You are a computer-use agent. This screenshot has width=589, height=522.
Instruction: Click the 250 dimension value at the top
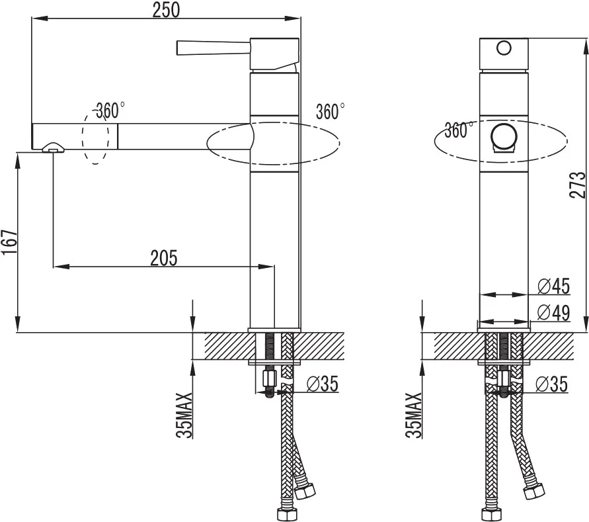[166, 10]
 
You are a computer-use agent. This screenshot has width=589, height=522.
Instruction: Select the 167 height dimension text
[9, 241]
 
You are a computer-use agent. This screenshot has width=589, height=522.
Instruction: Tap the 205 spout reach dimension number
[164, 258]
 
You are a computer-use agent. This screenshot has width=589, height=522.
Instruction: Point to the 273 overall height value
[578, 185]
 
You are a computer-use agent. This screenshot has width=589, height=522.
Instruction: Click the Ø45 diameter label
[553, 286]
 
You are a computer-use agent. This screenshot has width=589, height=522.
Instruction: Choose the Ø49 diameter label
[553, 312]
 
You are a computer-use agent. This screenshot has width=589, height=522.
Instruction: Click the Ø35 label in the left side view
[323, 384]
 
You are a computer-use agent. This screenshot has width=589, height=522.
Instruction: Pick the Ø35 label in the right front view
[552, 384]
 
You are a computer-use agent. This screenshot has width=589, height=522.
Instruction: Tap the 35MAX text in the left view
[184, 415]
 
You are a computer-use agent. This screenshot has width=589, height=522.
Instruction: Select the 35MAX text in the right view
[414, 415]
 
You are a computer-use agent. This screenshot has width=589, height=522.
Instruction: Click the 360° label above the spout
[110, 110]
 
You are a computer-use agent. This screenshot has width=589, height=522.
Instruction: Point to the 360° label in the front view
[459, 130]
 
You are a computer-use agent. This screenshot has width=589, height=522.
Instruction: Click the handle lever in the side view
[214, 48]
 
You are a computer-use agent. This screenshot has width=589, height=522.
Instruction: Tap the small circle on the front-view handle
[504, 48]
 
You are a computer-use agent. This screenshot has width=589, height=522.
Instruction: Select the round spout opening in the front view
[504, 136]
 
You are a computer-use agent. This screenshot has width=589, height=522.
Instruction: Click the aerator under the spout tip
[54, 148]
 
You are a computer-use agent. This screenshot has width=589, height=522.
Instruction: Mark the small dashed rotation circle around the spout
[95, 136]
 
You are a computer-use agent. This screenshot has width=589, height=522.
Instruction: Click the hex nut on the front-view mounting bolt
[504, 378]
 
